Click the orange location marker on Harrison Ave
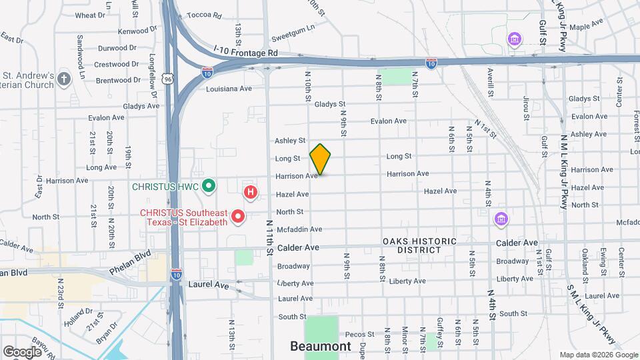tap(321, 159)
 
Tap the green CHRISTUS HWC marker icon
tap(208, 185)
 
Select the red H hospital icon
tap(251, 193)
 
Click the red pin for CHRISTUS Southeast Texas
tap(238, 217)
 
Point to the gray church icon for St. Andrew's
tap(64, 79)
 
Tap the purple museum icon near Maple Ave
tap(514, 40)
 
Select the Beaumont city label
tap(320, 346)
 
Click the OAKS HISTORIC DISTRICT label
tap(419, 245)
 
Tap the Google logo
tap(22, 351)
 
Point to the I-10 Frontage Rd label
tap(246, 51)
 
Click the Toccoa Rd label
tap(203, 15)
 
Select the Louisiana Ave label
tap(229, 88)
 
